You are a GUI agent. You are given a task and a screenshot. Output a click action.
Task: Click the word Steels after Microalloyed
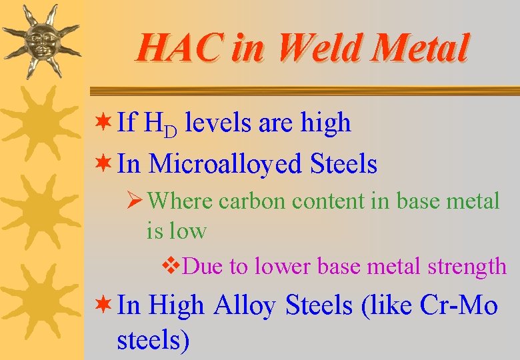point(343,163)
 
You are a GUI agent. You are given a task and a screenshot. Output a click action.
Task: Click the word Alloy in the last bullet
point(244,305)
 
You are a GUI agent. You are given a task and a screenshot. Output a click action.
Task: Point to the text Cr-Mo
point(459,305)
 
